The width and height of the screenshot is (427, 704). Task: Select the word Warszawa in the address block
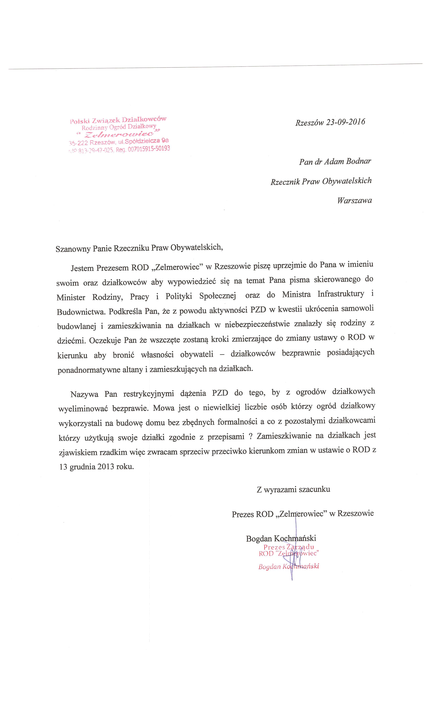354,200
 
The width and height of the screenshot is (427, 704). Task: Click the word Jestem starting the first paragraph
82,268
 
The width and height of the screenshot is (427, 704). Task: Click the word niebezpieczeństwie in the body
273,324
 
